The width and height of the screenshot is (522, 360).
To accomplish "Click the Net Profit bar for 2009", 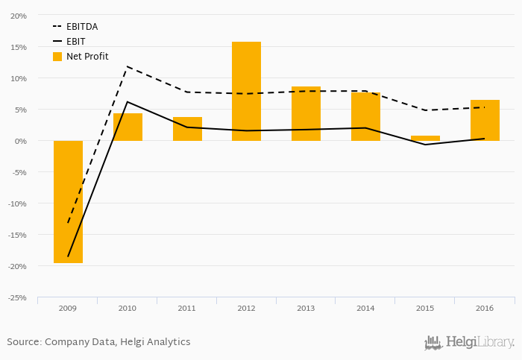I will click(x=68, y=201).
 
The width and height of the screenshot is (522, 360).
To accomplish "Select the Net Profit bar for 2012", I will click(x=247, y=91).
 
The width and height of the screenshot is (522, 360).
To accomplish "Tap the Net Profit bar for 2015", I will click(x=425, y=138).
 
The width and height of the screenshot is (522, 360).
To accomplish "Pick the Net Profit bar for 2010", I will click(x=128, y=127).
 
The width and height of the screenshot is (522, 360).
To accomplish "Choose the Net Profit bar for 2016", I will click(x=485, y=120).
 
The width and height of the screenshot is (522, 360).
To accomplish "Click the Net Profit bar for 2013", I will click(x=306, y=113).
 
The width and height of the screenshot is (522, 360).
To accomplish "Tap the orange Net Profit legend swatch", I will click(x=57, y=57).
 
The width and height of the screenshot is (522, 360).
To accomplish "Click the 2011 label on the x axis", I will click(x=186, y=307).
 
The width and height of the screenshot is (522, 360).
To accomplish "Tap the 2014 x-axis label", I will click(x=365, y=307).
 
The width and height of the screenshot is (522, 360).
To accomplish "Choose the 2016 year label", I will click(x=485, y=307).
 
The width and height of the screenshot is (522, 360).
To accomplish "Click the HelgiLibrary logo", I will click(x=469, y=342).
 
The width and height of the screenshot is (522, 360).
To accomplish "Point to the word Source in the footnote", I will click(x=22, y=342).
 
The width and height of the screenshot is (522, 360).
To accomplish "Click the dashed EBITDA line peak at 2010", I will click(x=128, y=66).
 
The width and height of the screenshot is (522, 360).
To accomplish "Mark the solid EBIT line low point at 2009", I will click(x=68, y=256).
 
